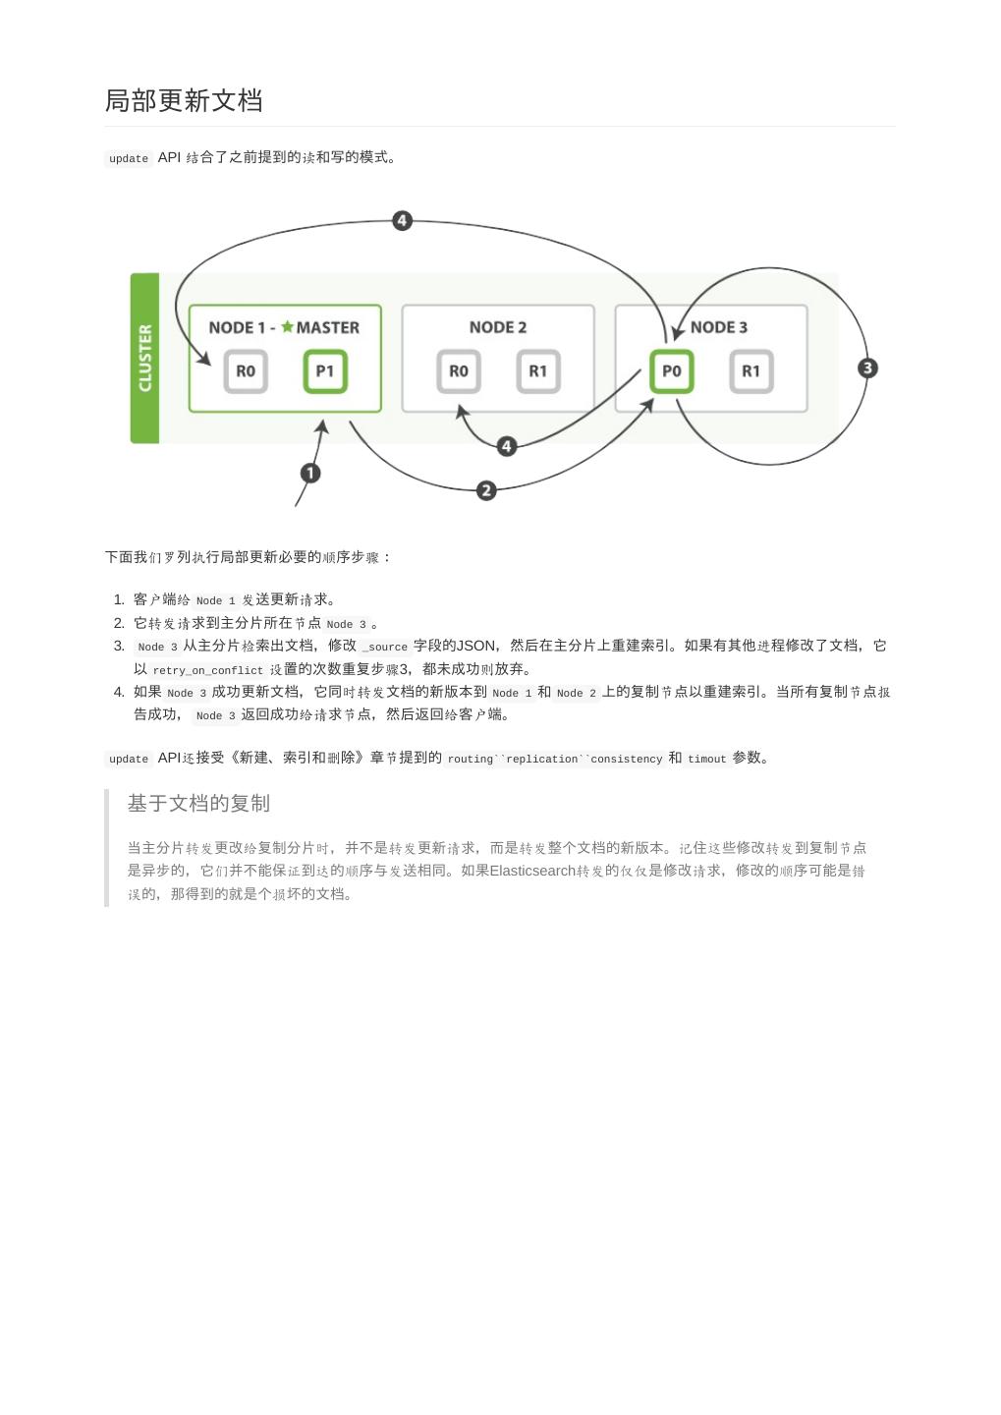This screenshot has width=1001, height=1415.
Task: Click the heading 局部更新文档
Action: point(184,101)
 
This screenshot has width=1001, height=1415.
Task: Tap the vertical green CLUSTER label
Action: point(144,359)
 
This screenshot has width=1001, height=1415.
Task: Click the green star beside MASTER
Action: point(287,327)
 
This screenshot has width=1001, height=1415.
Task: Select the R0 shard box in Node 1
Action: point(246,371)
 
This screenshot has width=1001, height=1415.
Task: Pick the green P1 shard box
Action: point(325,371)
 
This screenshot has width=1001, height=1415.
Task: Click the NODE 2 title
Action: point(498,327)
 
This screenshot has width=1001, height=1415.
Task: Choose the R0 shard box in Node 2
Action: point(459,371)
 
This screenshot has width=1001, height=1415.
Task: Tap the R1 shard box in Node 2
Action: point(538,371)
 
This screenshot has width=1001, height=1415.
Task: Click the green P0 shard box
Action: point(672,371)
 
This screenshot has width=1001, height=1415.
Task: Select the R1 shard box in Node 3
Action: point(751,371)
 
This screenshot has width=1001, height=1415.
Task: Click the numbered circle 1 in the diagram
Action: point(310,474)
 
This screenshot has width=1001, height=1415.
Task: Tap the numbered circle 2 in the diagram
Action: point(486,489)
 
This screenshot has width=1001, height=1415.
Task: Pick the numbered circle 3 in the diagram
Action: point(867,368)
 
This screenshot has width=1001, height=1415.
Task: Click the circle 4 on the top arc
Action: point(402,220)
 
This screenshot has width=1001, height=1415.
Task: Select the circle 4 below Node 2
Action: point(507,446)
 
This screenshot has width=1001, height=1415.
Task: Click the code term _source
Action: point(385,648)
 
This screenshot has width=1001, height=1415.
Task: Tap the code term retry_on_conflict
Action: point(208,671)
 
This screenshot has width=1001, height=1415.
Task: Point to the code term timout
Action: point(707,760)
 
